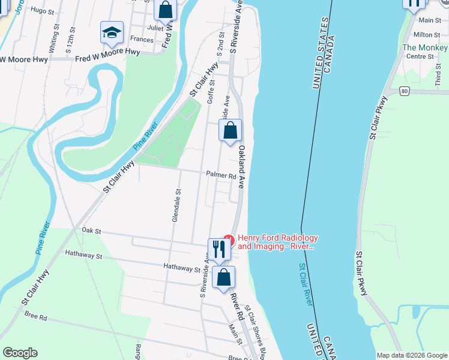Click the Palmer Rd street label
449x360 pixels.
(221, 176)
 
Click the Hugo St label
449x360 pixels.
(38, 10)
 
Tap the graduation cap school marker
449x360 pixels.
(112, 34)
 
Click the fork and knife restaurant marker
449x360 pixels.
(218, 249)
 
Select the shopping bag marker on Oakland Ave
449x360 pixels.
(230, 131)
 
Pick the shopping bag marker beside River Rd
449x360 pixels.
(223, 277)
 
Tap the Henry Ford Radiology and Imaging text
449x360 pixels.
(277, 242)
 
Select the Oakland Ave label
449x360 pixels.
(243, 167)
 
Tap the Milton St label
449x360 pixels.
(427, 35)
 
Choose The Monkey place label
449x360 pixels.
(425, 47)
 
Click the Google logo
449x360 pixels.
(20, 353)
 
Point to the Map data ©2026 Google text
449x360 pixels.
(412, 355)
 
